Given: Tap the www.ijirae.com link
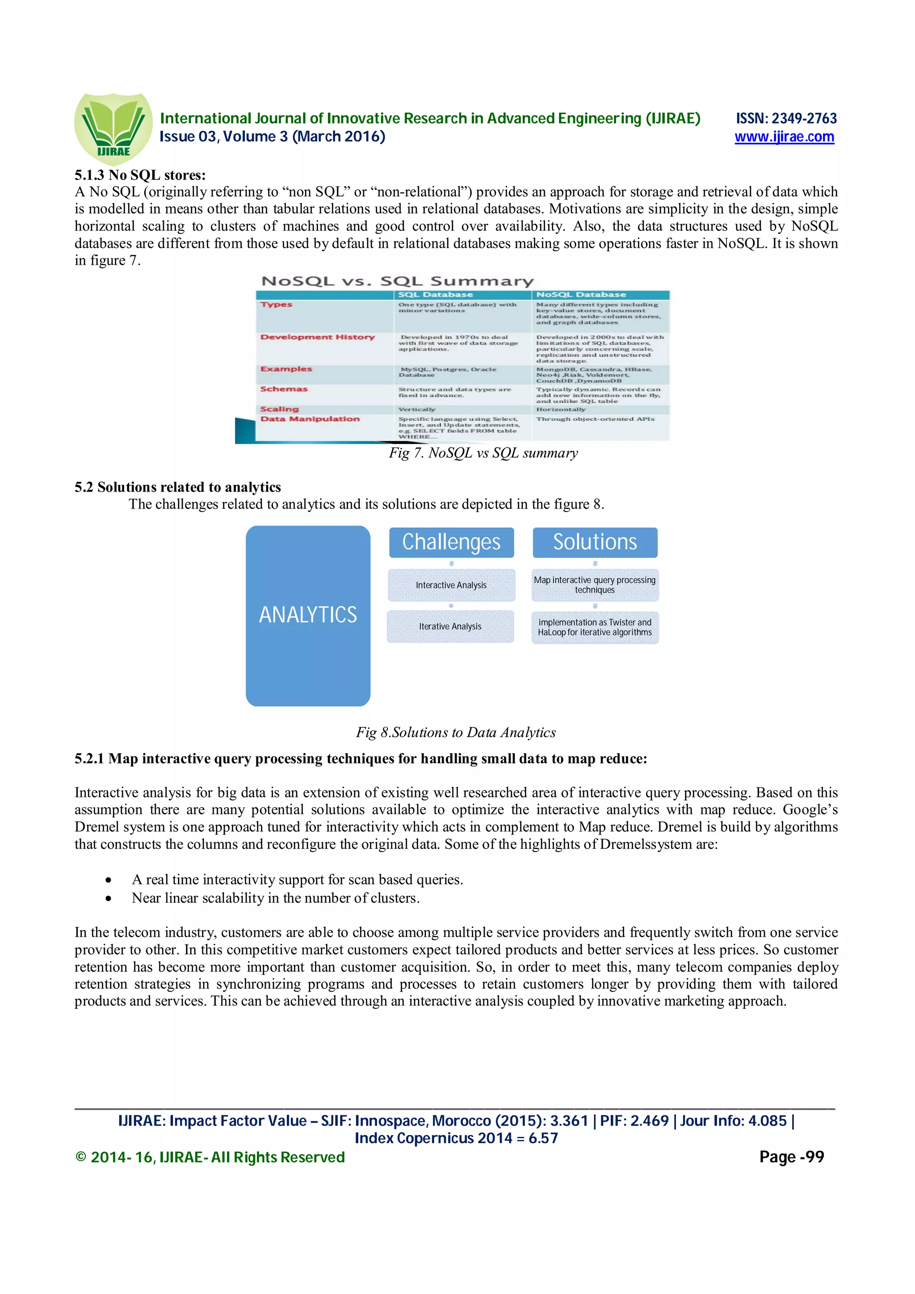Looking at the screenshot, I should coord(784,137).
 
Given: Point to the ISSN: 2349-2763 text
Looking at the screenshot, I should coord(786,118).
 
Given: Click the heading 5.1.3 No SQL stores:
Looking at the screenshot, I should coord(140,175).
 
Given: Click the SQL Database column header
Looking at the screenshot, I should coord(435,295).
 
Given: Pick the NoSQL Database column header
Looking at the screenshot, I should coord(581,295).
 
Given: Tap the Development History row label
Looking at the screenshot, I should coord(317,337).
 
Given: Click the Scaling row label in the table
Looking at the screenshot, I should coord(280,409).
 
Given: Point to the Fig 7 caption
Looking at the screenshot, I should coord(483,453).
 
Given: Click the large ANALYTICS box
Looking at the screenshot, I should coord(308,615).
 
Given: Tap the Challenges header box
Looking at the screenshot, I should coord(451,542).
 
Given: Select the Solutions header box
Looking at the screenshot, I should coord(595,542).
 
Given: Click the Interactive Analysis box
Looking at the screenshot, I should coord(451,585).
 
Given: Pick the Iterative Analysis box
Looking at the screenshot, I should coord(450,626).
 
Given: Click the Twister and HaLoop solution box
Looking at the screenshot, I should coord(595,627).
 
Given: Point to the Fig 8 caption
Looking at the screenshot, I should coord(456,733).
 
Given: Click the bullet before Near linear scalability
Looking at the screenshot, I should coord(108,899).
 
